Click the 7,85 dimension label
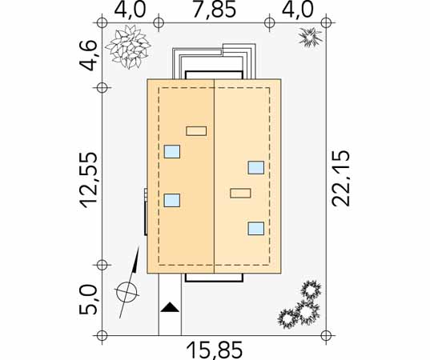215,10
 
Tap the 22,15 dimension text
341,178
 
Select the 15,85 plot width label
215,350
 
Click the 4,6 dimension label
89,56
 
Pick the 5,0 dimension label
89,300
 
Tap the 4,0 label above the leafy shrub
130,10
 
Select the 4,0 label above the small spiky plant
297,10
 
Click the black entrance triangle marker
170,307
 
